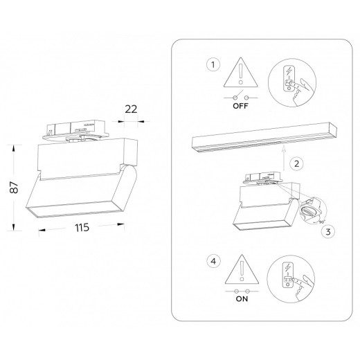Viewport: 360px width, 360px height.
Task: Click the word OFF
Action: click(241, 107)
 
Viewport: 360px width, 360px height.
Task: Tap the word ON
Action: click(241, 302)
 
